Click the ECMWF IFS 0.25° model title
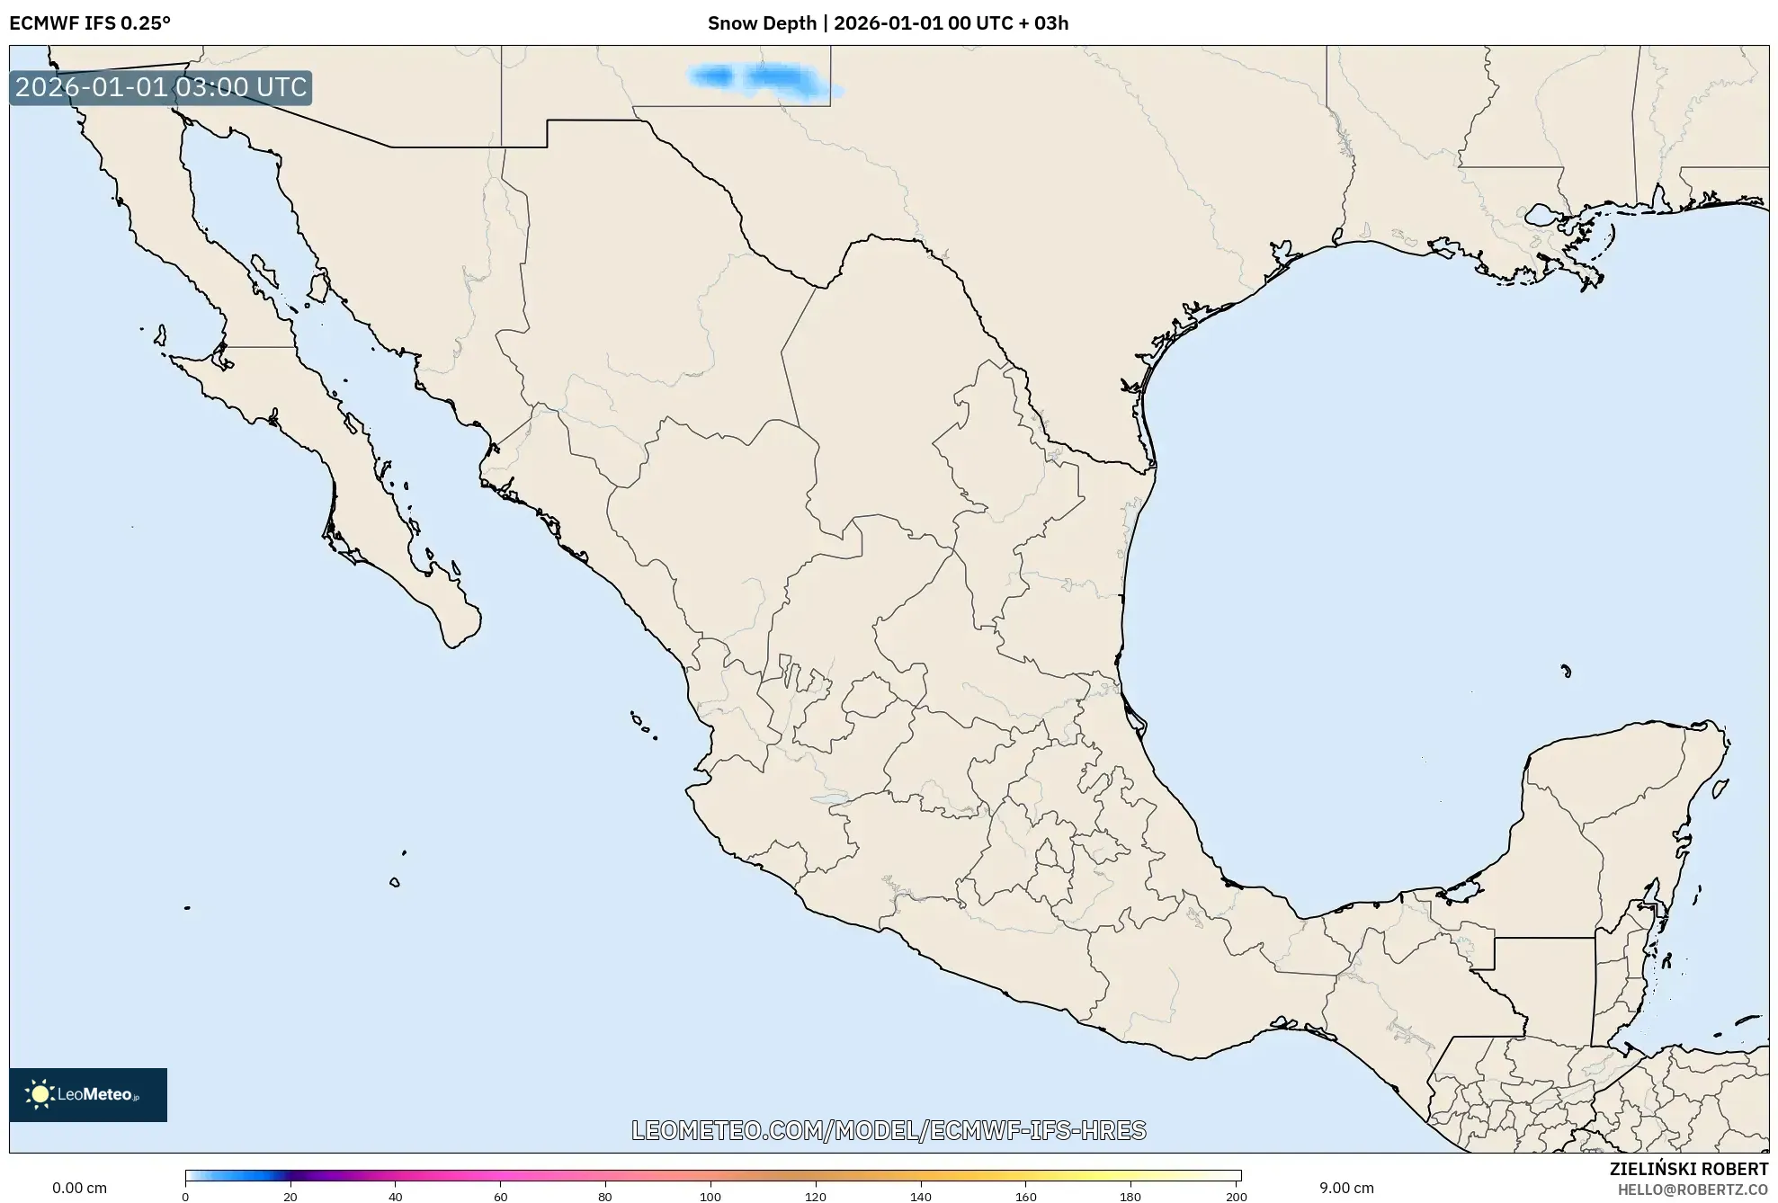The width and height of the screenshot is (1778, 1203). [x=90, y=23]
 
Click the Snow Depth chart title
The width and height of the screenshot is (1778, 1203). [x=888, y=23]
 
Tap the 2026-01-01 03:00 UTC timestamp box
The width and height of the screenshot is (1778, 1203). [x=161, y=87]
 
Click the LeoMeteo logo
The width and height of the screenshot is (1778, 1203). [x=88, y=1094]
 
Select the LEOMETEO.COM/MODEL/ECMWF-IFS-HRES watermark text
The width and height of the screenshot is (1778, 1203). [x=889, y=1130]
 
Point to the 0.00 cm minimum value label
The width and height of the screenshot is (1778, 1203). [x=79, y=1188]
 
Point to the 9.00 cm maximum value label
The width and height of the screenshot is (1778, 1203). [x=1345, y=1188]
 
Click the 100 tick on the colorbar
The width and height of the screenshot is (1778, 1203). [x=710, y=1197]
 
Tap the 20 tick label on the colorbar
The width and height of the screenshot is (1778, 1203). [x=290, y=1197]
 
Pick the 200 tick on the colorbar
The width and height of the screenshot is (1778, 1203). [x=1237, y=1197]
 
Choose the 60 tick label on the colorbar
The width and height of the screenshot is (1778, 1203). [x=500, y=1197]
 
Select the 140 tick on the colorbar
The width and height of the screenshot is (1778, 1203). [x=921, y=1197]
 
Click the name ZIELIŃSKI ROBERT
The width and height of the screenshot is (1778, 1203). [x=1688, y=1169]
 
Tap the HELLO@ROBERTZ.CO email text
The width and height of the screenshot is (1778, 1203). [x=1693, y=1190]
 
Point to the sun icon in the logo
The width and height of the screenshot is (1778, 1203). [x=40, y=1094]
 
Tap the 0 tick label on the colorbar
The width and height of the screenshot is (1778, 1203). [x=185, y=1197]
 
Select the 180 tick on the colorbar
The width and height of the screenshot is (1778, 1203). [x=1130, y=1197]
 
